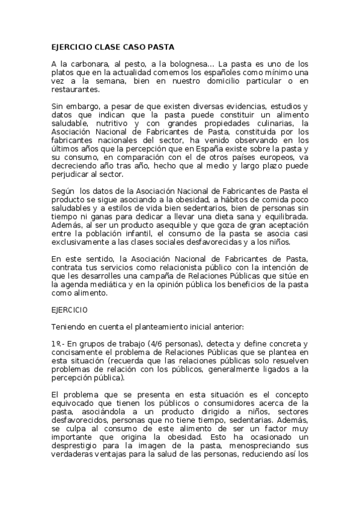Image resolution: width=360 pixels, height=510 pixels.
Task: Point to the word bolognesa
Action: pyautogui.click(x=183, y=63)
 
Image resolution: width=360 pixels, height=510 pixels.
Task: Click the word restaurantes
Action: pyautogui.click(x=74, y=89)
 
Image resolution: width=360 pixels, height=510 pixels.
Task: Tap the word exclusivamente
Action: pyautogui.click(x=81, y=242)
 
